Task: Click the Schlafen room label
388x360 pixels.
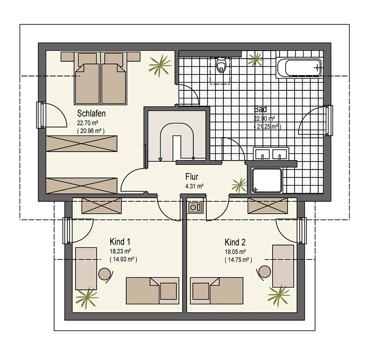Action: (x=91, y=113)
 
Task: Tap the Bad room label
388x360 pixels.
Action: (x=260, y=109)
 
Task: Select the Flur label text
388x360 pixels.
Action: (x=192, y=177)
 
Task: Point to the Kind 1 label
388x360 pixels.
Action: (x=120, y=242)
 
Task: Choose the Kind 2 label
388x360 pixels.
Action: (x=235, y=242)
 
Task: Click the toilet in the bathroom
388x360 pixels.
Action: (x=221, y=65)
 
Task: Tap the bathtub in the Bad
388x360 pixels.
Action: (x=299, y=68)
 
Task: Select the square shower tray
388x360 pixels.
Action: (x=267, y=180)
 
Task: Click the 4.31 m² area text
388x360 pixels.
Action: (x=194, y=186)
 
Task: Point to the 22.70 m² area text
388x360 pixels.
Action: (x=87, y=123)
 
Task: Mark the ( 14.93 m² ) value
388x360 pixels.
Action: (x=123, y=259)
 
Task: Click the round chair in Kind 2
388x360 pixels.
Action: (x=264, y=272)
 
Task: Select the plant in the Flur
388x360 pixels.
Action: (x=239, y=185)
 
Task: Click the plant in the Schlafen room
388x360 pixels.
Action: (x=160, y=65)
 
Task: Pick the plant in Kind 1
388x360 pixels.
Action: (x=87, y=298)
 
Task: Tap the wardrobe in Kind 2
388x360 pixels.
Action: (x=268, y=206)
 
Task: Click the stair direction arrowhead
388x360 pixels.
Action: (x=160, y=159)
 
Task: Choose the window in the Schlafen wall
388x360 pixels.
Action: (x=41, y=115)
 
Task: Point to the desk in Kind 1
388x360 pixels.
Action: (x=86, y=268)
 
